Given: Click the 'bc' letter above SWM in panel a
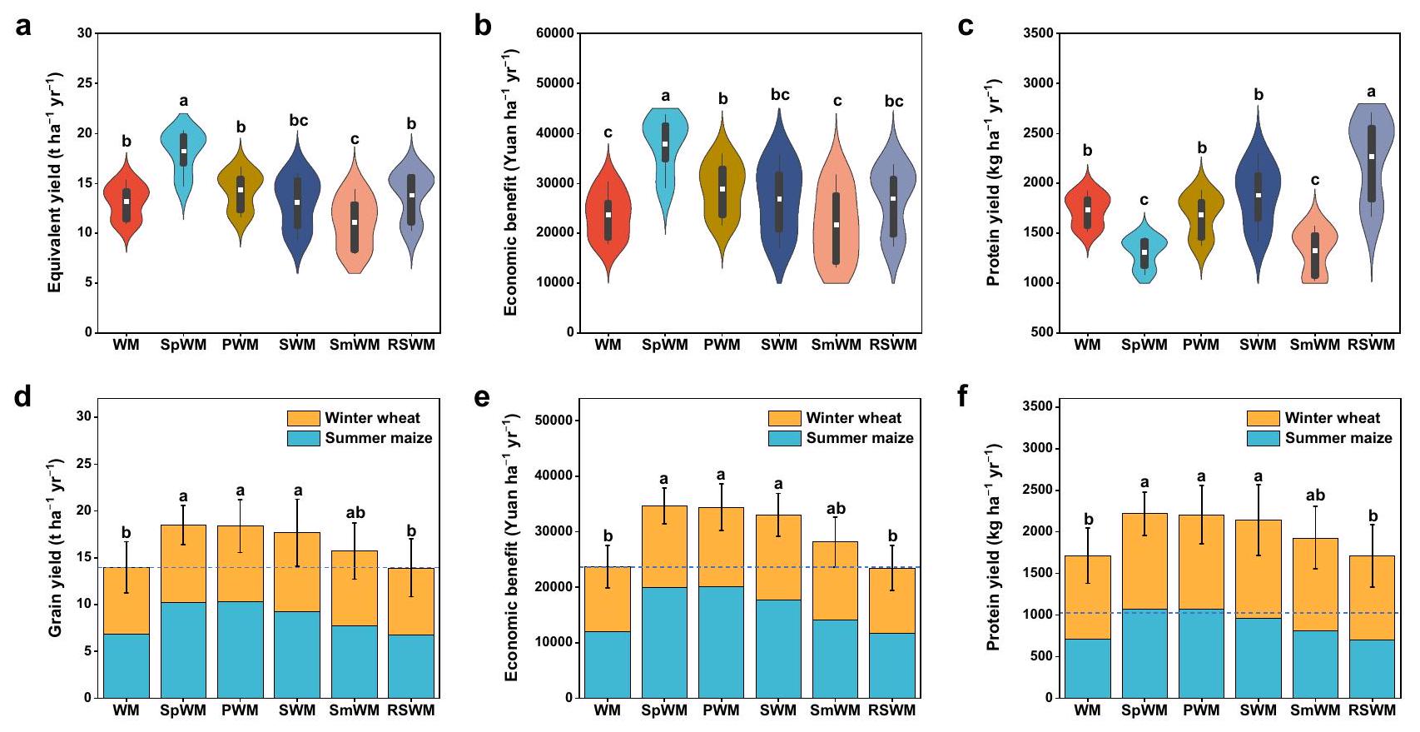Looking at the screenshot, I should click(x=298, y=121).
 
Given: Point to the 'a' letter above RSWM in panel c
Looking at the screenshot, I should click(x=1371, y=92).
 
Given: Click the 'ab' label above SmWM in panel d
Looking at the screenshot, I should click(x=355, y=513).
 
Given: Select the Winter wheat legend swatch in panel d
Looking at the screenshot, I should click(x=303, y=418).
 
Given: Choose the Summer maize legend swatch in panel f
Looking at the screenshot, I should click(x=1263, y=438).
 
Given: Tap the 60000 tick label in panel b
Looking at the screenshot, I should click(x=554, y=33).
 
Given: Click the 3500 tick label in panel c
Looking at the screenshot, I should click(x=1037, y=33).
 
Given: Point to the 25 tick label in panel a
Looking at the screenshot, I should click(x=83, y=83).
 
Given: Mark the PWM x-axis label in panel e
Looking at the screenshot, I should click(x=721, y=710).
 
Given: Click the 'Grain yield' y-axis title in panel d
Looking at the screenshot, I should click(x=55, y=547).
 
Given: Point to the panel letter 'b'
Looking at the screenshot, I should click(x=483, y=27).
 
